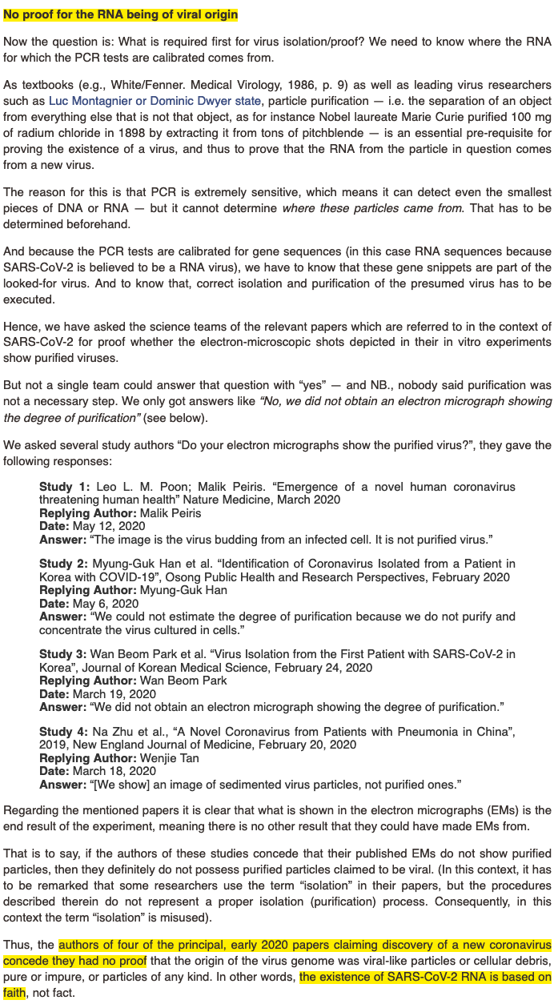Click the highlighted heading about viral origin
point(121,15)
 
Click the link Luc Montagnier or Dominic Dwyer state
point(155,101)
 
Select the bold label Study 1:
point(65,487)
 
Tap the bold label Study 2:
point(65,564)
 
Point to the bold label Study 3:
point(65,654)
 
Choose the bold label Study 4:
point(65,732)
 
